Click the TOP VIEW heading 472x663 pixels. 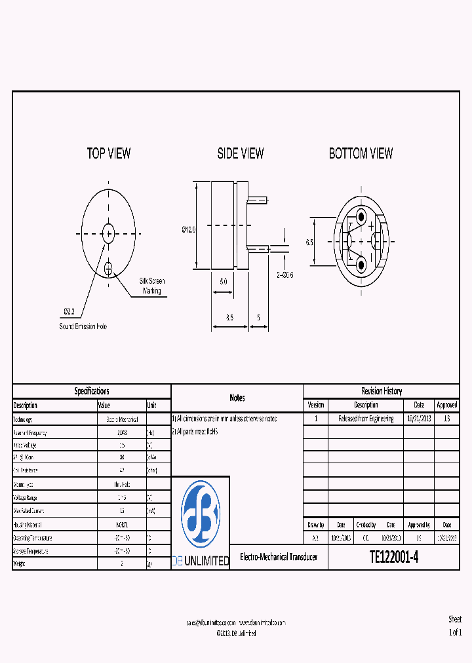tap(109, 153)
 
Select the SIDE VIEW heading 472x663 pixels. tap(241, 153)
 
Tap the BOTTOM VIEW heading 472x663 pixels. tap(361, 153)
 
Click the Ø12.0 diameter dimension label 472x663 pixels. tap(188, 230)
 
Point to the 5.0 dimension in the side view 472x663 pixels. tap(223, 280)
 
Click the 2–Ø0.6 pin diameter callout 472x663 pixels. tap(285, 275)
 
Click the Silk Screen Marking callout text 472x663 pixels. tap(152, 286)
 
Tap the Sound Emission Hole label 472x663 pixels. tap(83, 326)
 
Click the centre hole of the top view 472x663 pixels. tap(109, 232)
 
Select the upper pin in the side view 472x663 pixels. tap(258, 198)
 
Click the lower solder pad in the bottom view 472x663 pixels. tap(361, 264)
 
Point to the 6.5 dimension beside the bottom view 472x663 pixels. tap(309, 242)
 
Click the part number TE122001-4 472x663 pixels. tap(393, 557)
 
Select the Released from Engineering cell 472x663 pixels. tap(366, 419)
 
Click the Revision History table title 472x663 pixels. tap(382, 391)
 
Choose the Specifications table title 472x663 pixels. tap(92, 391)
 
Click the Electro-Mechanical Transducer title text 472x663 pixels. tap(279, 557)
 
